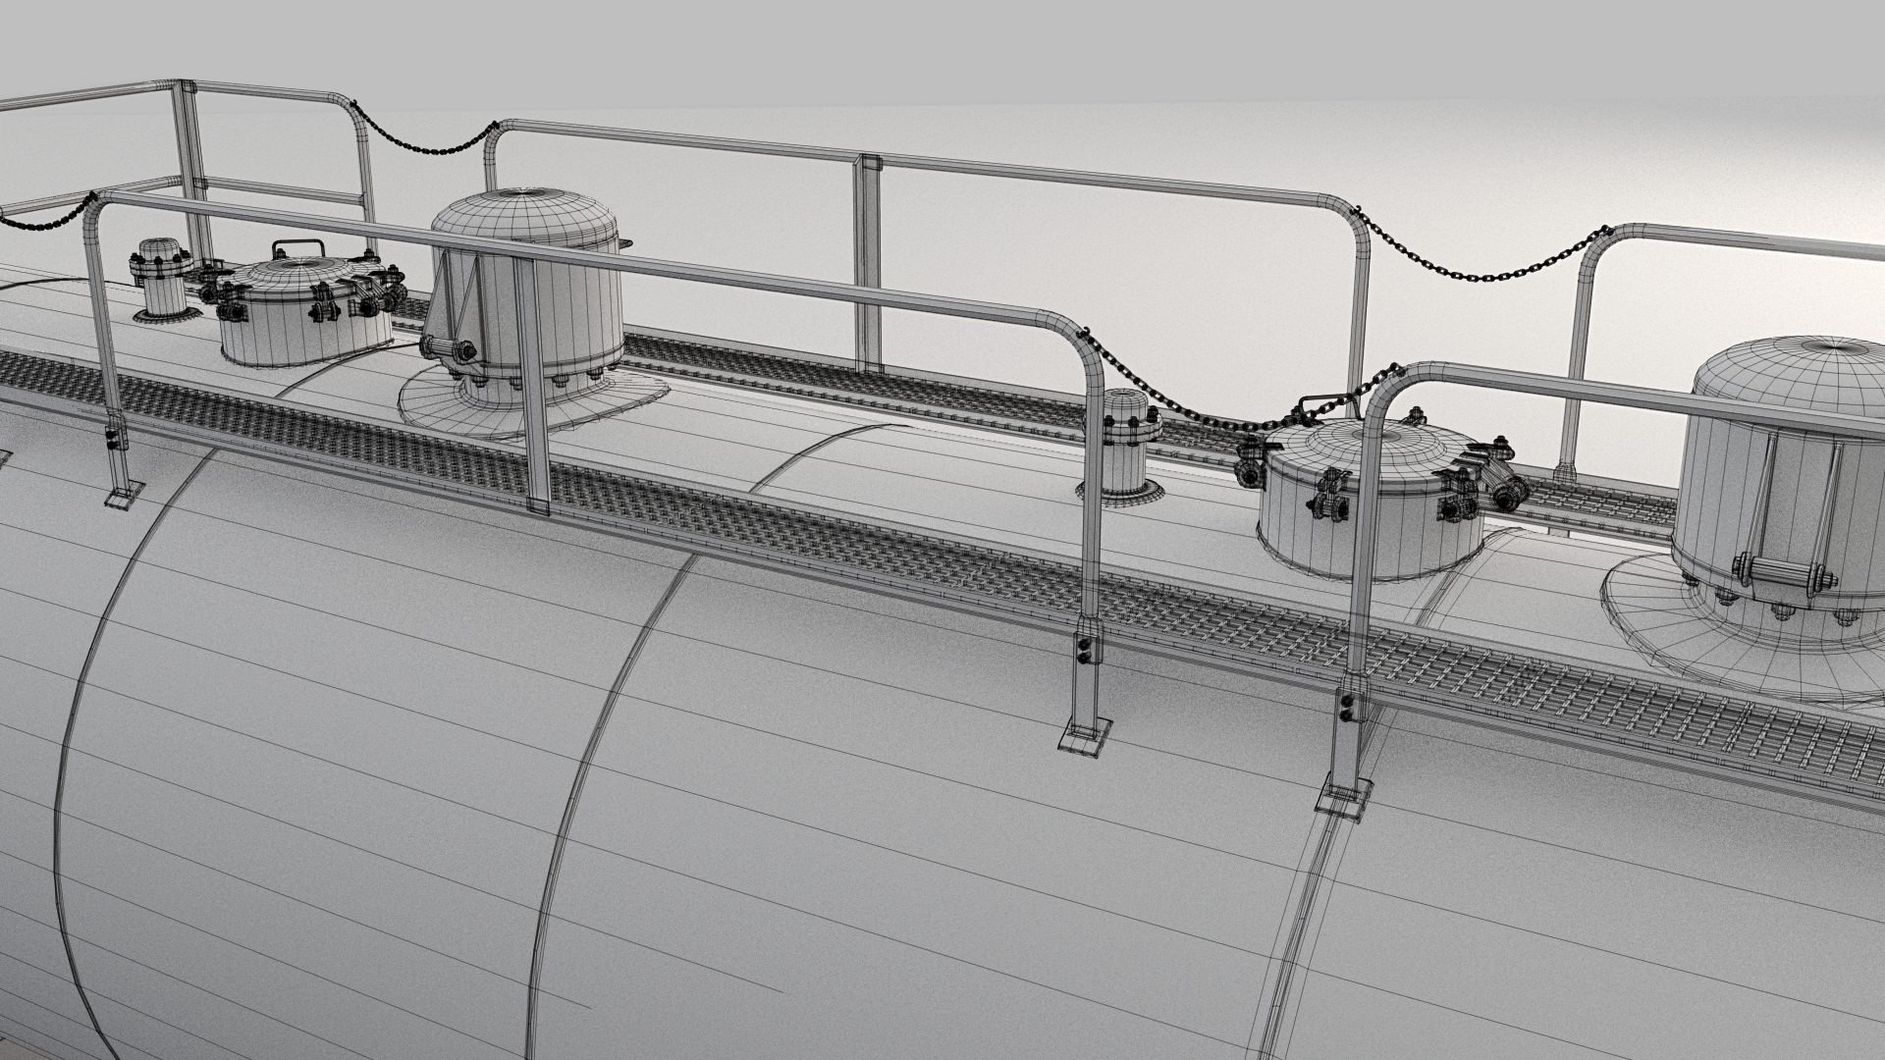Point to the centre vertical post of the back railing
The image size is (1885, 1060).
point(866,265)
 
